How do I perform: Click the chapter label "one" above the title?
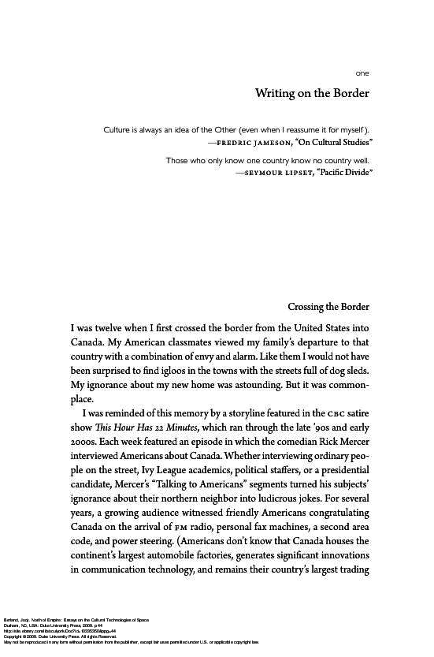pyautogui.click(x=362, y=73)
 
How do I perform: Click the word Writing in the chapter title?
pyautogui.click(x=275, y=94)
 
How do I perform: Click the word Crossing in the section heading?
pyautogui.click(x=311, y=307)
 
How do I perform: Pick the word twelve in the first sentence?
pyautogui.click(x=125, y=327)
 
